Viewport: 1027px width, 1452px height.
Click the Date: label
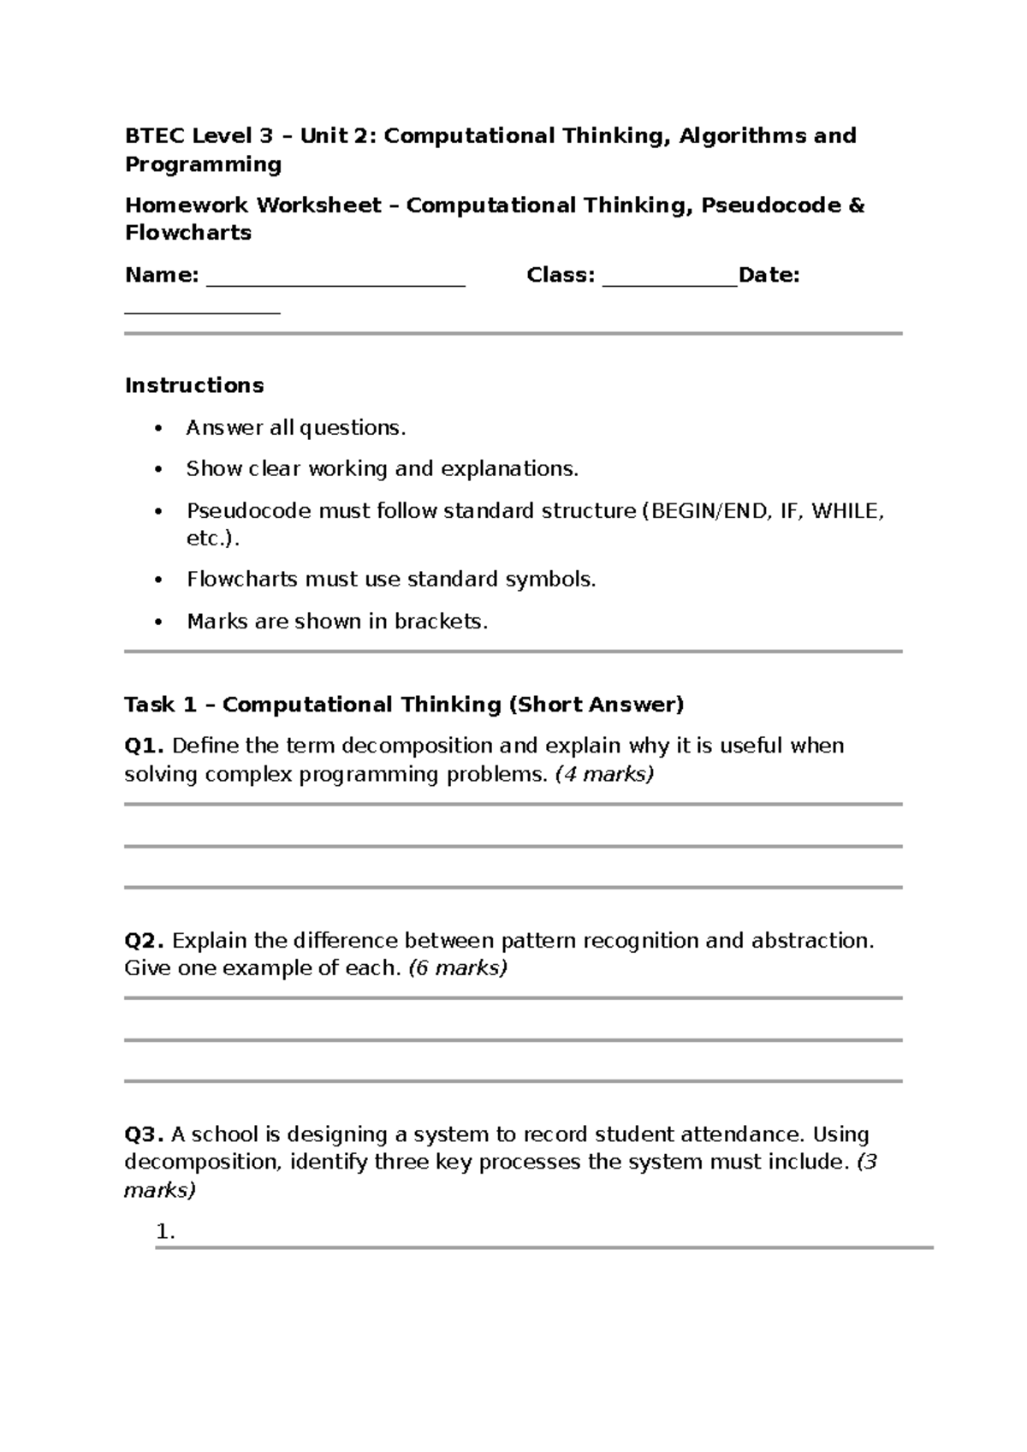(769, 275)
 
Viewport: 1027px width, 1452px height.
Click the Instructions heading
(194, 385)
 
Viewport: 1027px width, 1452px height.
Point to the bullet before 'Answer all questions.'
(157, 428)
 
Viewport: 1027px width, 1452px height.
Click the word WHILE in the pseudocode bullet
(845, 511)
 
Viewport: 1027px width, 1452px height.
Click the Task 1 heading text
(404, 705)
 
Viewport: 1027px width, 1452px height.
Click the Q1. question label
(145, 746)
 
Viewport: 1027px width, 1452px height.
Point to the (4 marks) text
(604, 774)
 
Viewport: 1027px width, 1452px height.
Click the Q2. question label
(145, 941)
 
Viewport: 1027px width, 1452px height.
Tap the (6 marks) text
(458, 968)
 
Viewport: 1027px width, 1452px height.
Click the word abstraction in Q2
(812, 941)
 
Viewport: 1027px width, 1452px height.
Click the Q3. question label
(145, 1134)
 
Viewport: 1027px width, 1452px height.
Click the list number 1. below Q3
(166, 1233)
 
